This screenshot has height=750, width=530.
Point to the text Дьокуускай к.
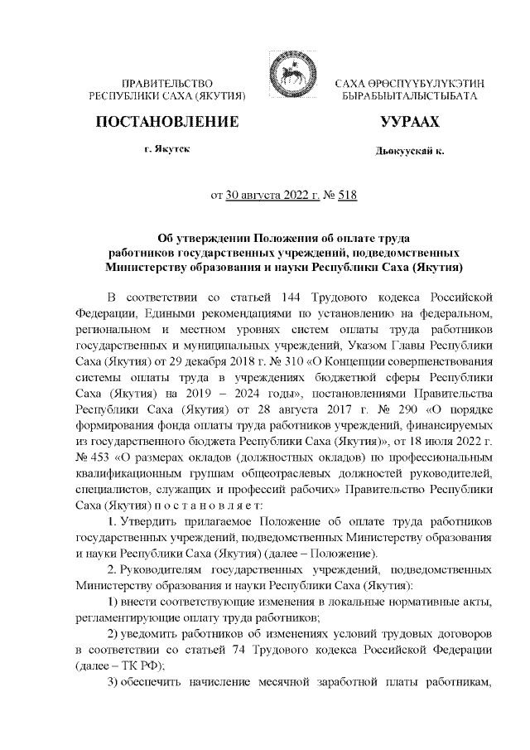point(408,152)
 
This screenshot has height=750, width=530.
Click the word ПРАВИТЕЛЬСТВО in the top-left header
point(168,84)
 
